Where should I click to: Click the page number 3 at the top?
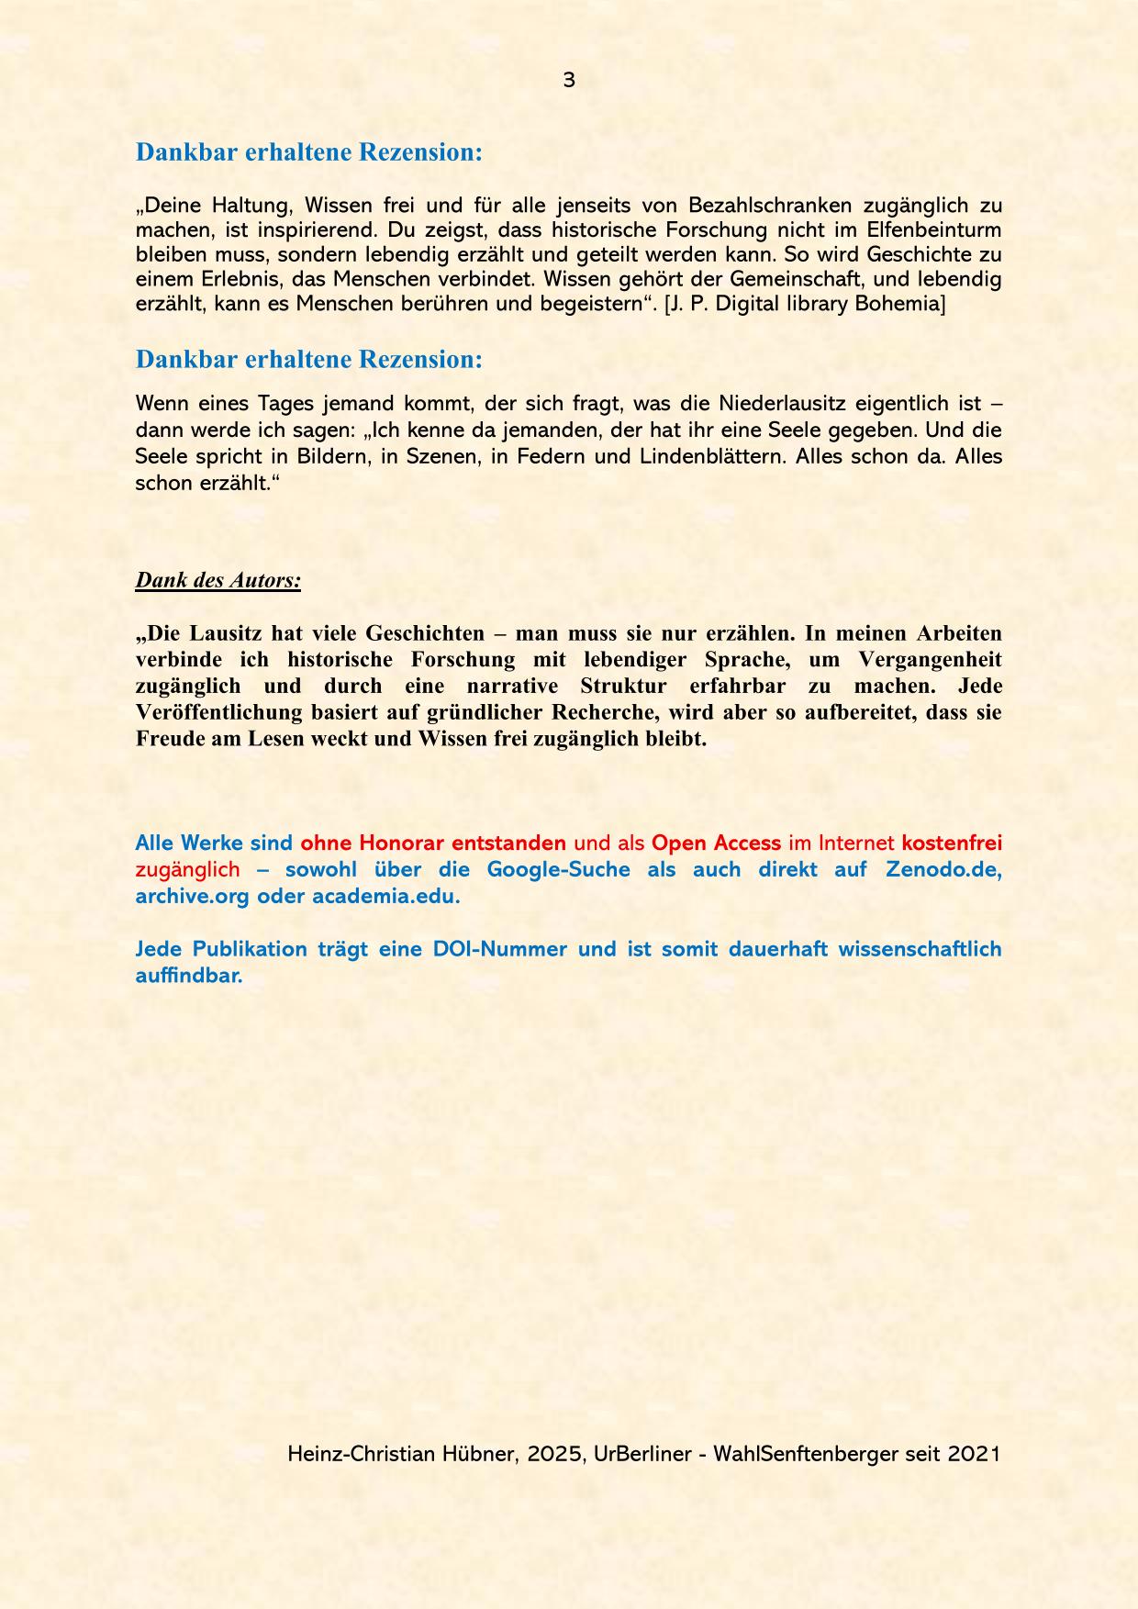(x=569, y=81)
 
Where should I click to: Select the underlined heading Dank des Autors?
(x=218, y=580)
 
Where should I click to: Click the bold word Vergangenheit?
(x=930, y=660)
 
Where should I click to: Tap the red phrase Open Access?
(x=716, y=843)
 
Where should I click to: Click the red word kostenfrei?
(x=952, y=843)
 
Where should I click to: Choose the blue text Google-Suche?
(x=558, y=869)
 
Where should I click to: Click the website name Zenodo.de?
(x=943, y=869)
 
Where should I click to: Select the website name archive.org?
(x=192, y=896)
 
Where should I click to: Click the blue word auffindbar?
(x=189, y=976)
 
